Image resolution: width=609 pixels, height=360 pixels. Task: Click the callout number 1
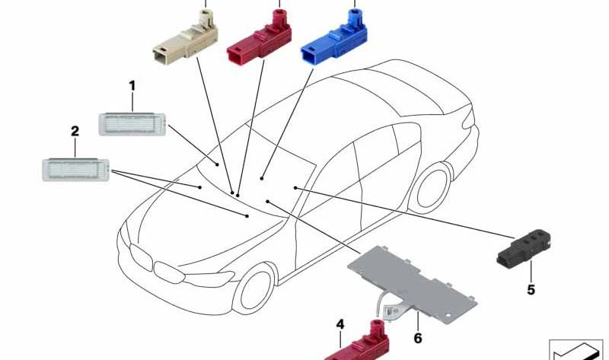[132, 86]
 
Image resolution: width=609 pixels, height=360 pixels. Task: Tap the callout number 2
[75, 131]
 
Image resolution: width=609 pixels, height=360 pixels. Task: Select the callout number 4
[340, 324]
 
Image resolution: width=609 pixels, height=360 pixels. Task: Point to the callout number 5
[531, 290]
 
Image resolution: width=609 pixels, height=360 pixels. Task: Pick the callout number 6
[418, 338]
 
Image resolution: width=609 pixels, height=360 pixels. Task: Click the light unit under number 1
[132, 124]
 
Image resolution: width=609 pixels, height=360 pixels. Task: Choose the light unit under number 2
[75, 170]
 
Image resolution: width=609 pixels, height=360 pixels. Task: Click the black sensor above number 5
[524, 248]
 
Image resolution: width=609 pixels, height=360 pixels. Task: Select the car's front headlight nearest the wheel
[209, 279]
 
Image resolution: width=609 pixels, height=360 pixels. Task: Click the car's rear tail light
[469, 118]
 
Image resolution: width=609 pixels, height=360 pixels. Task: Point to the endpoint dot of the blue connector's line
[262, 179]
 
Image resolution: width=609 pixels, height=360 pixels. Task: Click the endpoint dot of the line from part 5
[295, 188]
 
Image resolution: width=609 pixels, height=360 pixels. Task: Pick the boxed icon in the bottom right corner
[576, 350]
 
